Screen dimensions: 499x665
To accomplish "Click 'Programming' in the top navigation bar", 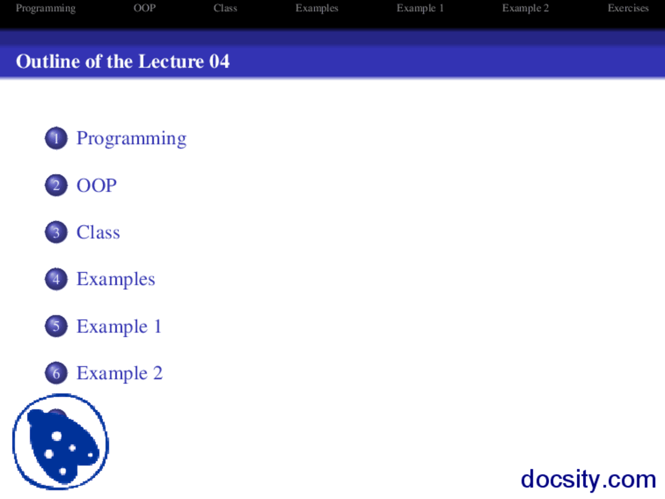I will (x=46, y=8).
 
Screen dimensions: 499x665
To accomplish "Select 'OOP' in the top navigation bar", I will (x=144, y=8).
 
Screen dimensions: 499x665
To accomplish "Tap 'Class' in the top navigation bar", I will (x=225, y=8).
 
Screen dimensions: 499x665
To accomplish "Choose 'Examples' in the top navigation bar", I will (x=316, y=8).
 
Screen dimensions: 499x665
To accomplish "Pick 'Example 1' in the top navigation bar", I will (x=420, y=8).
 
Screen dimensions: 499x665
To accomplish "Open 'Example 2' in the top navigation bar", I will (x=525, y=8).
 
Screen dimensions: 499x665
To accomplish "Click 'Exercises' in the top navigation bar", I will (x=628, y=8).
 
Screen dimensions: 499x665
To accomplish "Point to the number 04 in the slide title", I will (x=219, y=61).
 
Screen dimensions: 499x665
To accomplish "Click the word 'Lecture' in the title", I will (x=171, y=61).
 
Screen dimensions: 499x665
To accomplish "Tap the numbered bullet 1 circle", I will (x=56, y=138).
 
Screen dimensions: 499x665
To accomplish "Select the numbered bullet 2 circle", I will (x=56, y=186).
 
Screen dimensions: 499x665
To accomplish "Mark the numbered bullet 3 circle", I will (x=56, y=232).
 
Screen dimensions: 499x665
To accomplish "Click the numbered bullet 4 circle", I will (x=56, y=279).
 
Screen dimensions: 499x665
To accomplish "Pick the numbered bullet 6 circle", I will (x=56, y=373).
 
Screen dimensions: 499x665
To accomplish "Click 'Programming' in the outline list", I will (x=131, y=138).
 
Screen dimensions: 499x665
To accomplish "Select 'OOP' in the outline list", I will (x=97, y=186).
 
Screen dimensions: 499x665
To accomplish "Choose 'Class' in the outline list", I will (x=98, y=232).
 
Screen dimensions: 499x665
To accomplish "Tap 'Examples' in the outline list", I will (x=116, y=279).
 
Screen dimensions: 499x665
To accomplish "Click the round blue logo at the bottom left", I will (x=61, y=442).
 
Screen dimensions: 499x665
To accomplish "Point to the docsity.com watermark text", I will (x=588, y=479).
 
